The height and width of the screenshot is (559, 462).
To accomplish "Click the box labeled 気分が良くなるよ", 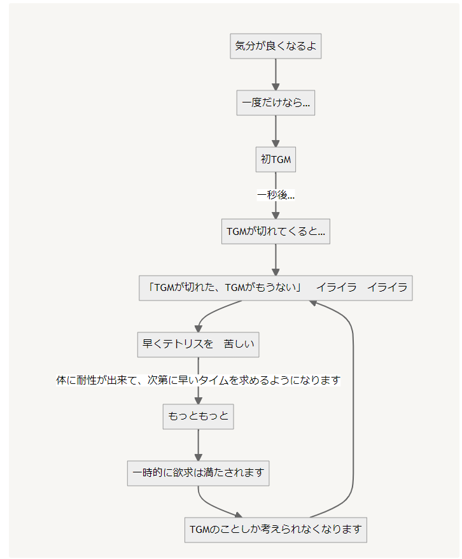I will pos(276,46).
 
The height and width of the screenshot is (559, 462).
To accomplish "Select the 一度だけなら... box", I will pos(276,103).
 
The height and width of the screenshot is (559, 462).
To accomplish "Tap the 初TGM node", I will pos(276,160).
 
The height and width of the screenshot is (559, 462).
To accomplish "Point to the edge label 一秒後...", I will pos(276,195).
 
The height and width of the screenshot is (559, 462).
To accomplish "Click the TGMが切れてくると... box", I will pos(276,232).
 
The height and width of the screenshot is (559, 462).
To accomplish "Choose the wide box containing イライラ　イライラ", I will pos(276,288).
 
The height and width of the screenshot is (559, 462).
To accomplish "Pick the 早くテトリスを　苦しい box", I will pos(199,344).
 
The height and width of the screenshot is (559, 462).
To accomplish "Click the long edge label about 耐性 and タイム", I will pos(199,381).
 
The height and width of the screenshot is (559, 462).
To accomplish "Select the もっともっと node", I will pos(199,417).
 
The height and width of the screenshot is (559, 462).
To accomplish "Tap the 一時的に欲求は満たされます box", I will pos(199,474).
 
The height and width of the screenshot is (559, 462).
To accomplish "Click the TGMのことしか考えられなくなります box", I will pos(276,530).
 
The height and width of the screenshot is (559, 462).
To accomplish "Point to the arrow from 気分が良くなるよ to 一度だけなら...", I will pos(276,75).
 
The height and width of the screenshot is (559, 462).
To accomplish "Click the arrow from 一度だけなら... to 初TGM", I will pos(276,132).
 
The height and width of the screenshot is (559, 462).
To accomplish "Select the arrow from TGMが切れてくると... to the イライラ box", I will pos(276,260).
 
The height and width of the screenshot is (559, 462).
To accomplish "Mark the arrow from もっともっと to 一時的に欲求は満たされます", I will pos(199,445).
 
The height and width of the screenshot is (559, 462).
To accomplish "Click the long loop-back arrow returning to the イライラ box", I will pos(353,407).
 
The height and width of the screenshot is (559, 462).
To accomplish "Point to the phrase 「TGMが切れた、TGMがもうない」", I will pos(224,288).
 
